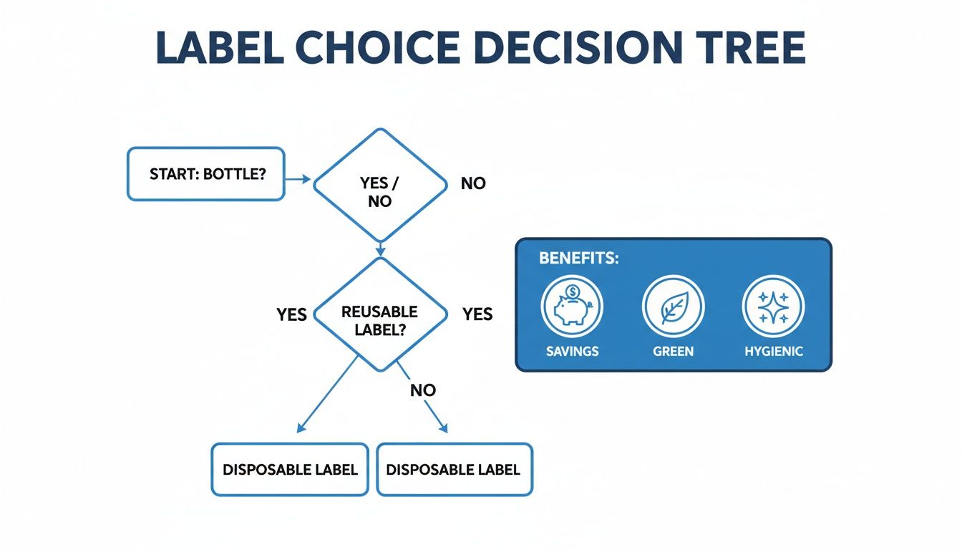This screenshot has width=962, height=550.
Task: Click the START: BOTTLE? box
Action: tap(206, 174)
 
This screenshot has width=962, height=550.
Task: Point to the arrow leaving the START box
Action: tap(298, 179)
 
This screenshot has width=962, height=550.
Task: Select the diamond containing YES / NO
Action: tap(380, 185)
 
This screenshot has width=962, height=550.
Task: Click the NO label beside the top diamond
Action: tap(473, 183)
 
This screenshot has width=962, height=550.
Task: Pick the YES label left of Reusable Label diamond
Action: tap(292, 314)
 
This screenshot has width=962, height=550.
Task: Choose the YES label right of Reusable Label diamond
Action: tap(477, 314)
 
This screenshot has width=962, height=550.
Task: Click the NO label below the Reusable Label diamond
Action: tap(423, 390)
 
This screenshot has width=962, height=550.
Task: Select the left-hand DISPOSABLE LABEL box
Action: tap(290, 470)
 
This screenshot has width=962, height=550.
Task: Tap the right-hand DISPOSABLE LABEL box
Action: tap(454, 470)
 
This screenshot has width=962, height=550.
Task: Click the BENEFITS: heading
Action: tap(578, 259)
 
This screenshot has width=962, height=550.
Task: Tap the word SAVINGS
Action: tap(572, 352)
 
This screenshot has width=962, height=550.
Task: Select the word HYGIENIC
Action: tap(774, 352)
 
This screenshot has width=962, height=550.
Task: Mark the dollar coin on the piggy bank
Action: tap(573, 291)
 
